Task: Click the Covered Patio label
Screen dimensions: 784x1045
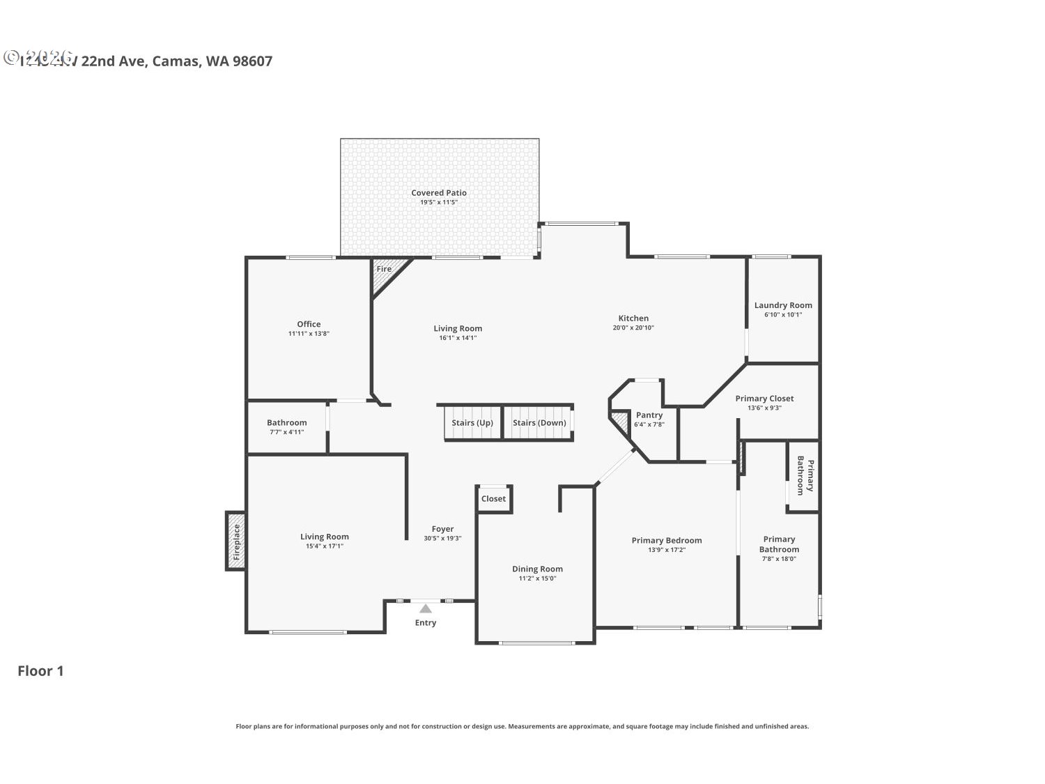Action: [x=438, y=193]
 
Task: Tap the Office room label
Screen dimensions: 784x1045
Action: [x=309, y=324]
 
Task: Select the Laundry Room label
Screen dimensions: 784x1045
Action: [x=783, y=305]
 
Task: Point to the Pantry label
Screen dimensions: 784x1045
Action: [x=649, y=415]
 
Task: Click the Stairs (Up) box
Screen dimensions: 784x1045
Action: [x=472, y=423]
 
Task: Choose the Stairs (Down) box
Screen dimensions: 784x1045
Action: [x=539, y=423]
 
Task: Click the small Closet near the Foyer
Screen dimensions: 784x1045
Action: [x=494, y=499]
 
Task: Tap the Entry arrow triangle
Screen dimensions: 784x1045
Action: [x=426, y=608]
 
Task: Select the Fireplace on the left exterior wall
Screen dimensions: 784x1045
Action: [x=235, y=541]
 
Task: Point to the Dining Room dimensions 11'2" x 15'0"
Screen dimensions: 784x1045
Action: [x=537, y=578]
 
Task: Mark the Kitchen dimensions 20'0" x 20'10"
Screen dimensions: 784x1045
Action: [x=633, y=328]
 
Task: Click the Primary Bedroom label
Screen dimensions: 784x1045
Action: [x=667, y=540]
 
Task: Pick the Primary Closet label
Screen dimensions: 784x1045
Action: [x=764, y=399]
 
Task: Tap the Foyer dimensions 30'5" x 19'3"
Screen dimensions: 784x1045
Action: [x=442, y=538]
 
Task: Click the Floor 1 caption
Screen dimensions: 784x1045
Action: [x=40, y=671]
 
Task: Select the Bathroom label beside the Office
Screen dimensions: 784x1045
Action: [x=286, y=423]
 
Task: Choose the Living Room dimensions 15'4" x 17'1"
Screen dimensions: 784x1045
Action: [x=324, y=546]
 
